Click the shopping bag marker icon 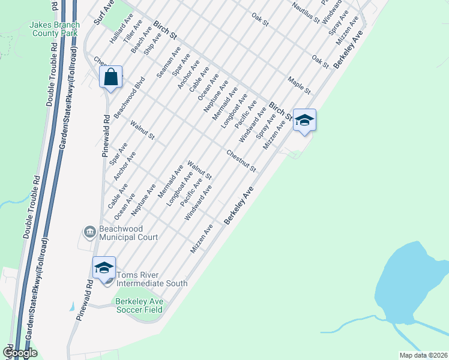tap(111, 77)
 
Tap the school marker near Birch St tap(304, 121)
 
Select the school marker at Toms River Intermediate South tap(104, 268)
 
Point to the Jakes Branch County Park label tap(54, 29)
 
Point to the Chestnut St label tap(241, 161)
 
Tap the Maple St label tap(299, 85)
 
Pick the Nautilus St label tap(306, 12)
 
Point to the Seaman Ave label tap(168, 63)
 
